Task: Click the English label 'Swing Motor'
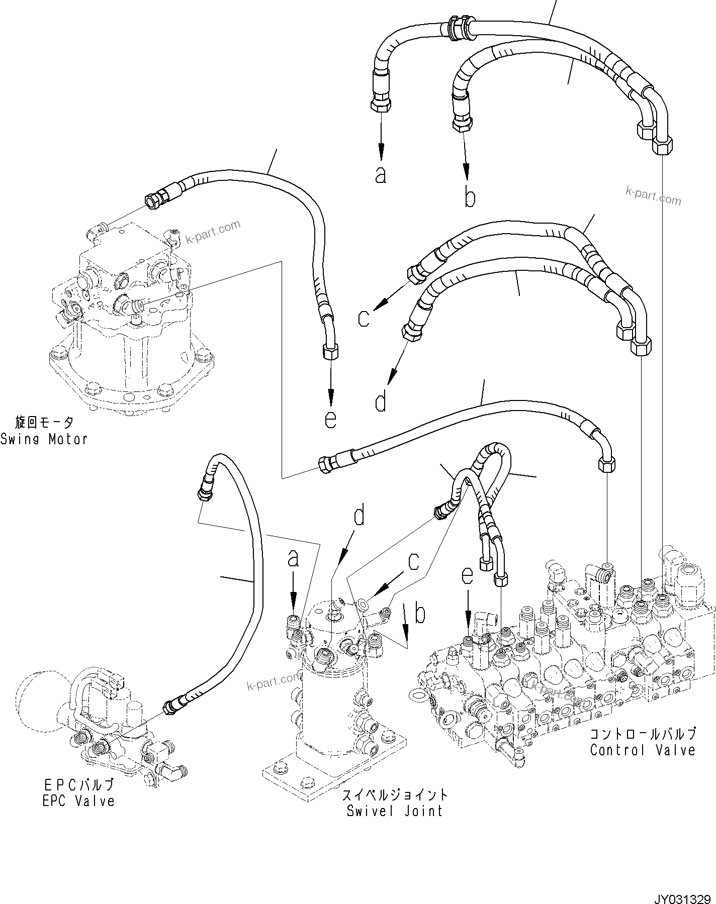point(44,439)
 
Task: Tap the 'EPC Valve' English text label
point(78,800)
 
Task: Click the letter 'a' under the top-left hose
point(381,174)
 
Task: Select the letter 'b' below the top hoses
point(469,197)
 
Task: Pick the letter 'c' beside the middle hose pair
point(364,318)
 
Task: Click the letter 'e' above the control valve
point(468,576)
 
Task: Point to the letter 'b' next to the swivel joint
point(420,614)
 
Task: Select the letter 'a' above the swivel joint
point(293,558)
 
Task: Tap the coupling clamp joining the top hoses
point(456,27)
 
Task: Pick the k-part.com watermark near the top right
point(653,195)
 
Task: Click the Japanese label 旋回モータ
point(44,422)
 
